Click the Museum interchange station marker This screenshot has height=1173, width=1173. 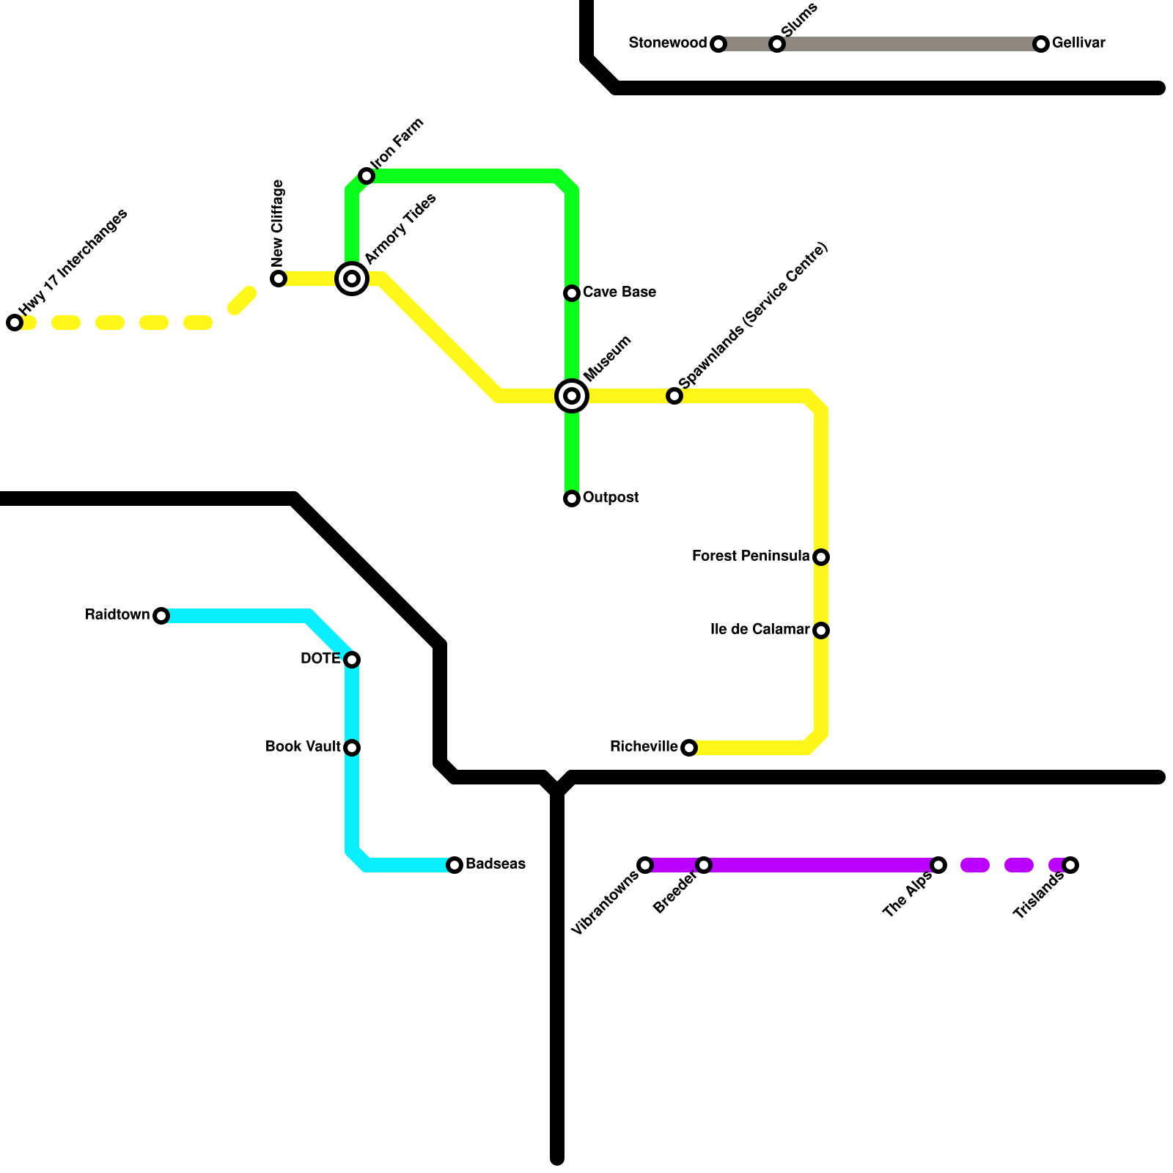click(x=572, y=396)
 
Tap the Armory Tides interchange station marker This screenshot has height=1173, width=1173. click(x=352, y=279)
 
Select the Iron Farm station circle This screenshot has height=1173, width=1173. click(x=367, y=176)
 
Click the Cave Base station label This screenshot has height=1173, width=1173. click(x=619, y=293)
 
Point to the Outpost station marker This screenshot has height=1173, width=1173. click(x=572, y=499)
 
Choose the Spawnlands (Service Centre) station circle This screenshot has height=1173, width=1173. click(x=674, y=396)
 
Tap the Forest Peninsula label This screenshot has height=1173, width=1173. click(x=750, y=556)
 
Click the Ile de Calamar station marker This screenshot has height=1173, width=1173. click(x=821, y=630)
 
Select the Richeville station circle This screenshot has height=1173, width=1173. click(x=689, y=748)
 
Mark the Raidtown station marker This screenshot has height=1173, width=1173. click(x=161, y=616)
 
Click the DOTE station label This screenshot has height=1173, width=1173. click(x=320, y=659)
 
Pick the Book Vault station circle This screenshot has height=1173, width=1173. click(x=352, y=748)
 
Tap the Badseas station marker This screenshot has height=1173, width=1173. click(x=455, y=865)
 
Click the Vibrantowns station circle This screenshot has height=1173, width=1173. click(x=645, y=865)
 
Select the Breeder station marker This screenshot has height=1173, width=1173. click(x=704, y=865)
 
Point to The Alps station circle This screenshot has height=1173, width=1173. click(x=938, y=865)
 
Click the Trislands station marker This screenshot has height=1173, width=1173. click(x=1070, y=865)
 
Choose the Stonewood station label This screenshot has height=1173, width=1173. click(x=667, y=43)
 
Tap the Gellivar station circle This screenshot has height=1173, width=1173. click(x=1041, y=44)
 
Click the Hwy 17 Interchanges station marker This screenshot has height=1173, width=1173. click(x=15, y=323)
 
